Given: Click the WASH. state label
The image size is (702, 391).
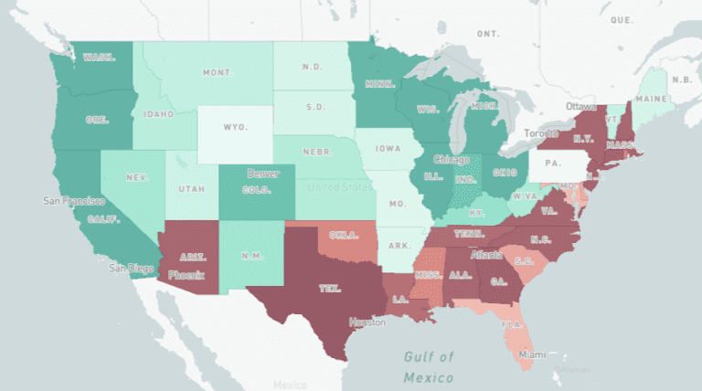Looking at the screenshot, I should tap(99, 57).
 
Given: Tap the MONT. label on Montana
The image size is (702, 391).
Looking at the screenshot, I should tap(217, 72).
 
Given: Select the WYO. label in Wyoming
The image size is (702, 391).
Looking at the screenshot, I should tap(235, 127).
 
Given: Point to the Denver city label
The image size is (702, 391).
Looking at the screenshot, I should tap(262, 174).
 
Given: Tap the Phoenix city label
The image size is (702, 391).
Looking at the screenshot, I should tap(186, 274).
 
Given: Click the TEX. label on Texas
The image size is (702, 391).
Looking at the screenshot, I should tap(329, 289).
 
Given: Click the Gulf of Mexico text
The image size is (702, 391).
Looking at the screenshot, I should tap(429, 366).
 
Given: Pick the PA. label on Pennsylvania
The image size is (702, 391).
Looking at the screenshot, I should tap(551, 164).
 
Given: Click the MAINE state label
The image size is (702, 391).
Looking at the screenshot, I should tap(650, 99).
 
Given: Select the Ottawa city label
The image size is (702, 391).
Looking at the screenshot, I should tap(580, 107).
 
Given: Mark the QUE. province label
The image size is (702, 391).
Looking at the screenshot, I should tap(622, 19).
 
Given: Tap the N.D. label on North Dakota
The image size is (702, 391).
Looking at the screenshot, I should tap(313, 66).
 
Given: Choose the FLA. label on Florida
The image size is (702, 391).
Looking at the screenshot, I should tap(512, 323).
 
